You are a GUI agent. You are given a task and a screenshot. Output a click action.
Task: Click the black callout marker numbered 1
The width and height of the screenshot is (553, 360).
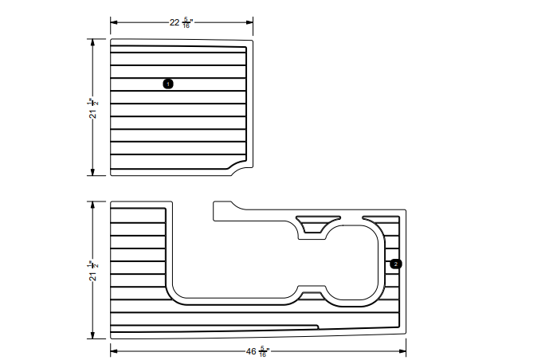point(168,84)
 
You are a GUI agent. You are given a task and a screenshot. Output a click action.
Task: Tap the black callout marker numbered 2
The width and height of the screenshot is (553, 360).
point(396,263)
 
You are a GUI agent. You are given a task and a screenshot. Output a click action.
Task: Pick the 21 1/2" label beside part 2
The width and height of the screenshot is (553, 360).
point(92,270)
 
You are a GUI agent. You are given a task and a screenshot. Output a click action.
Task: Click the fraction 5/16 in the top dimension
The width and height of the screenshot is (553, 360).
point(186,23)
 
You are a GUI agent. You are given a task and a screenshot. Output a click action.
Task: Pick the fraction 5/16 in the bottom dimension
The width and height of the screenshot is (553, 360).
point(264,351)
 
